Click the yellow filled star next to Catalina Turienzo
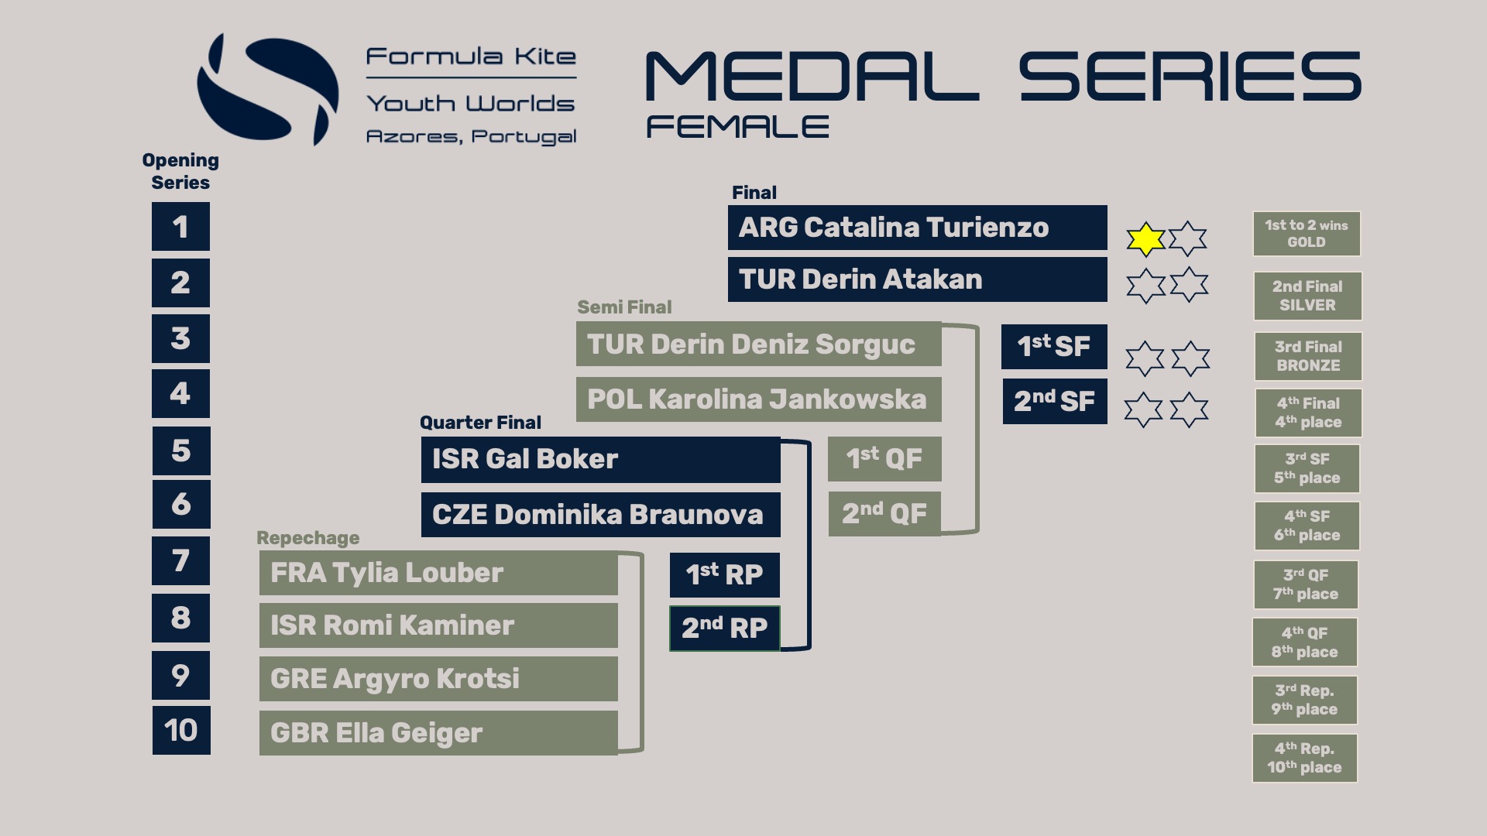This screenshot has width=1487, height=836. click(x=1145, y=239)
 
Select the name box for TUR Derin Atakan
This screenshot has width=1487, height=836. click(x=917, y=279)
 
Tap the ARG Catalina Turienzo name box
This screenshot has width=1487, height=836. click(x=917, y=228)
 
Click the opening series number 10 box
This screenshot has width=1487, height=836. click(x=181, y=730)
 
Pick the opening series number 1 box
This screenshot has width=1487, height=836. click(x=180, y=227)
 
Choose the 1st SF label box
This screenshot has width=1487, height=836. click(x=1054, y=346)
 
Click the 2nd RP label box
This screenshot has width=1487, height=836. click(x=724, y=628)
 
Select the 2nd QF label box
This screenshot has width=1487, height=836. click(x=884, y=513)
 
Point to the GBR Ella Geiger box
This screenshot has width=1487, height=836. click(x=438, y=733)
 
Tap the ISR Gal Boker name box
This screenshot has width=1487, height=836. click(x=600, y=459)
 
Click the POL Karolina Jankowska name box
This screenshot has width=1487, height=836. click(x=758, y=399)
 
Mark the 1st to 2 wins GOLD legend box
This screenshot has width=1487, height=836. click(x=1307, y=234)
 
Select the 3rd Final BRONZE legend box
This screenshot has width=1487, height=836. click(x=1307, y=356)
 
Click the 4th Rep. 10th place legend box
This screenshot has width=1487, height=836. click(x=1304, y=758)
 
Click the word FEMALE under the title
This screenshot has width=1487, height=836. click(x=737, y=127)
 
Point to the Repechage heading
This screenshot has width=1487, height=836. click(x=308, y=538)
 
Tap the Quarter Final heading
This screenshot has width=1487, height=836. click(x=480, y=423)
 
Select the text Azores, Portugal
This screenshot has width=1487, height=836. click(x=471, y=137)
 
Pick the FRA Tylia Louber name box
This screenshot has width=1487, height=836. click(x=438, y=574)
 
